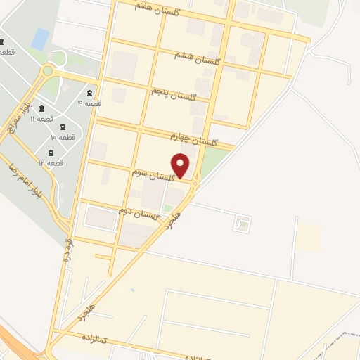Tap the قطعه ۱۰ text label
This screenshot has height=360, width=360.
tap(61, 138)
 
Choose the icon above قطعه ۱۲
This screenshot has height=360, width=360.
tap(51, 152)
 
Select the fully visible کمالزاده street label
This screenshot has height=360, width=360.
tap(92, 340)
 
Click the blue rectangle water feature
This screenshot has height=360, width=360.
tap(41, 38)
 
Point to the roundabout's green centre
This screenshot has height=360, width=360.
tap(48, 70)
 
